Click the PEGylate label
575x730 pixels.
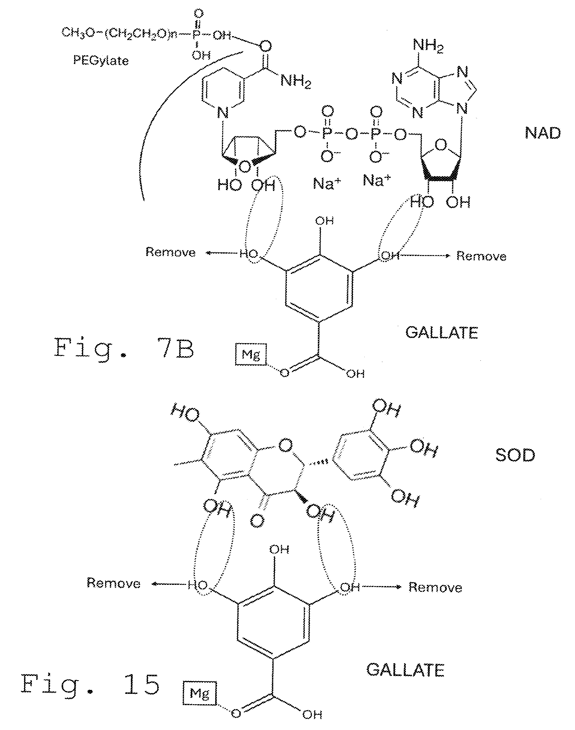(x=101, y=61)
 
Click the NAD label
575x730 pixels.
(x=543, y=133)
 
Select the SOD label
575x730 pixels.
(x=515, y=455)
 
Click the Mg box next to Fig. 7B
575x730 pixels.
(x=251, y=355)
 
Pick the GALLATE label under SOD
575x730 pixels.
(x=405, y=670)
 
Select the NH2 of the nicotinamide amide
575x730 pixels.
(x=296, y=81)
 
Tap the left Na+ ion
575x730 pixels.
(x=327, y=183)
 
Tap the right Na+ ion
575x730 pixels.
(x=377, y=180)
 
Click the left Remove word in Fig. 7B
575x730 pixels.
(x=170, y=252)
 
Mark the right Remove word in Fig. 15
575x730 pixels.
(x=435, y=588)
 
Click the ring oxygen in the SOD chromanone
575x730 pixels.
(x=285, y=445)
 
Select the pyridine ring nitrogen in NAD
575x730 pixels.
(x=223, y=112)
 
